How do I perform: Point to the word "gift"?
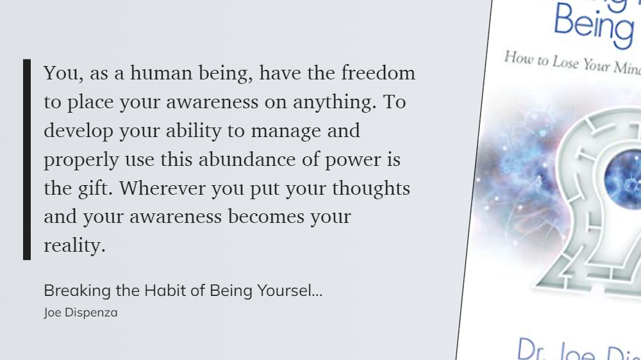97,189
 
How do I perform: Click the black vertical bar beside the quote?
27,160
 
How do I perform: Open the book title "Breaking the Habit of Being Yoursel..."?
183,291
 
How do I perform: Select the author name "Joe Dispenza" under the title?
81,313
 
